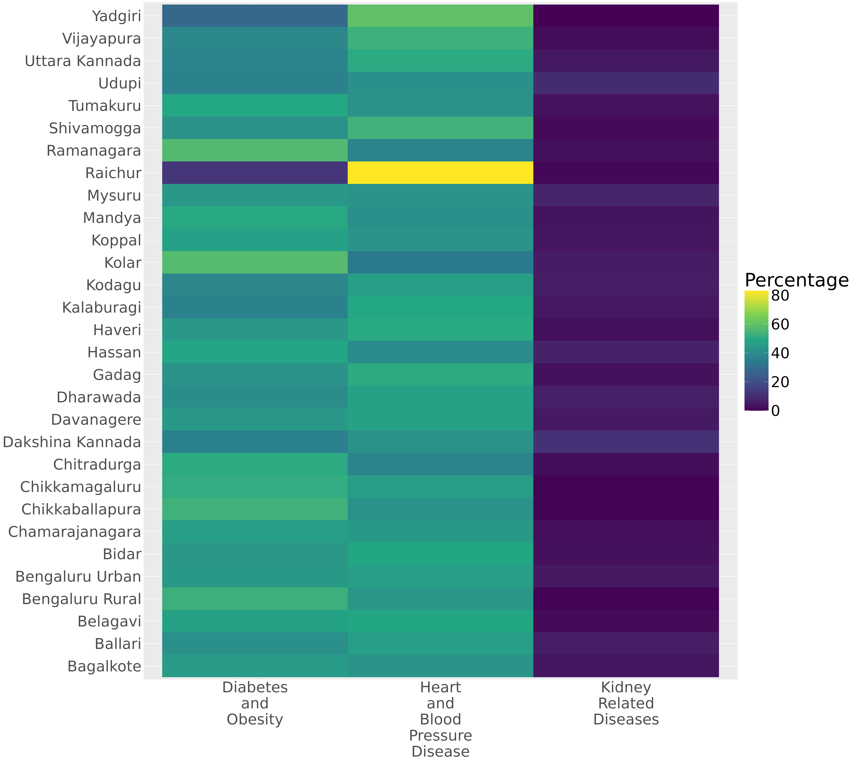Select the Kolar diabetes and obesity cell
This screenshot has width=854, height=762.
[255, 263]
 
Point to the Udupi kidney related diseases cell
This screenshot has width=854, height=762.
[626, 83]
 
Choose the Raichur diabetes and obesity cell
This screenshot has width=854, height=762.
[255, 173]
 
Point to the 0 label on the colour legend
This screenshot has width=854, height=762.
[776, 411]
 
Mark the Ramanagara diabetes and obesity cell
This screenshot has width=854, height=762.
[255, 150]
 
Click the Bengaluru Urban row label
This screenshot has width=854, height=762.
[78, 576]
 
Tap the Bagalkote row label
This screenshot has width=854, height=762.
[104, 666]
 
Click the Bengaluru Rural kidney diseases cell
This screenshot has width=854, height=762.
[626, 599]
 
